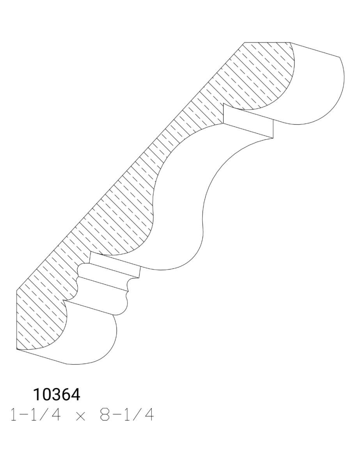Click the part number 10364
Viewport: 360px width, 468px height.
point(57,395)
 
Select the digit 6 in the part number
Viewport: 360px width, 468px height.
point(66,395)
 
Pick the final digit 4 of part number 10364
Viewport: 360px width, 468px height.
point(76,395)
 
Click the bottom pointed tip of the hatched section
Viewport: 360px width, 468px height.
point(17,348)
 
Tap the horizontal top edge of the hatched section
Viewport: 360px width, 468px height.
point(268,42)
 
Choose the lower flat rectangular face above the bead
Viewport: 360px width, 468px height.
point(114,266)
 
